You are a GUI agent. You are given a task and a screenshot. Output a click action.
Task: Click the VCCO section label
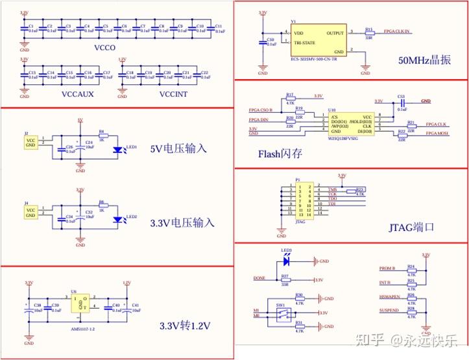coord(105,47)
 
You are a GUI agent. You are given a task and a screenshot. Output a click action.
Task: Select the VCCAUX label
coord(77,94)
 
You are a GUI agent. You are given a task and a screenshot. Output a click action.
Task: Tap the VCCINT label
coord(174,94)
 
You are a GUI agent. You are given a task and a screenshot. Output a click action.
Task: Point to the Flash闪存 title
coord(280,153)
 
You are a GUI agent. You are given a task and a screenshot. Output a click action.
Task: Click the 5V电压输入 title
coord(178,148)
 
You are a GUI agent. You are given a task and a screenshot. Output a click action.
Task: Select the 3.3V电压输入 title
coord(182,222)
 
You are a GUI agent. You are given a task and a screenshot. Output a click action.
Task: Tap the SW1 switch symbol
coord(282,314)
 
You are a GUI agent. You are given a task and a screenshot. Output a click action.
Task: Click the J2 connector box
coord(30,143)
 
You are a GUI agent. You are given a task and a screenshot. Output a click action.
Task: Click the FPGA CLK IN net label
coord(397,30)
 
